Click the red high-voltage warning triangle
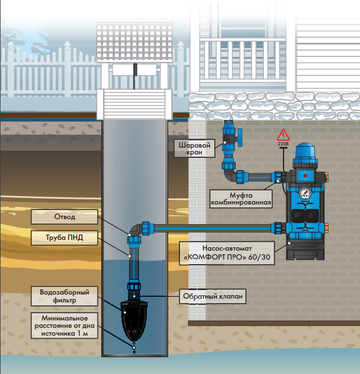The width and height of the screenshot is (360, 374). [283, 135]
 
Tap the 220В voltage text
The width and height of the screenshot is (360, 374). [283, 144]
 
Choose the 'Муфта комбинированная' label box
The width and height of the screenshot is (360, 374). [241, 199]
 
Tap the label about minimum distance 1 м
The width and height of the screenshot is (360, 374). [64, 325]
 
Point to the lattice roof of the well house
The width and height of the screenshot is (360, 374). [134, 42]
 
